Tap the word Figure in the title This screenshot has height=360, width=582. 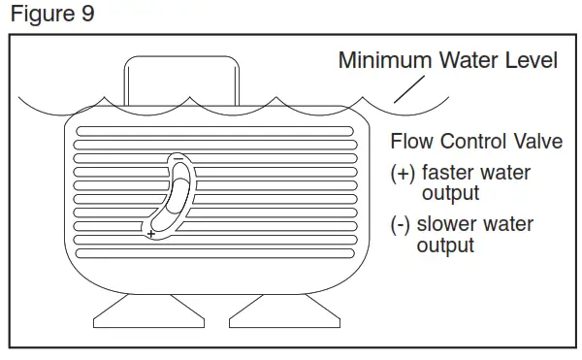40,16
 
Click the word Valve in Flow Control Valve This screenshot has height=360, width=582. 537,142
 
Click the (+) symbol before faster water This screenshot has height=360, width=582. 402,175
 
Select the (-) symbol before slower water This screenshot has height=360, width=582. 400,225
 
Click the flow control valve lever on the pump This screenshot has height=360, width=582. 176,195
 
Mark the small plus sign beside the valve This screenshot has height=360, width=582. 151,234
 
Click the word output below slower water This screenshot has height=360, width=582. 445,245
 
